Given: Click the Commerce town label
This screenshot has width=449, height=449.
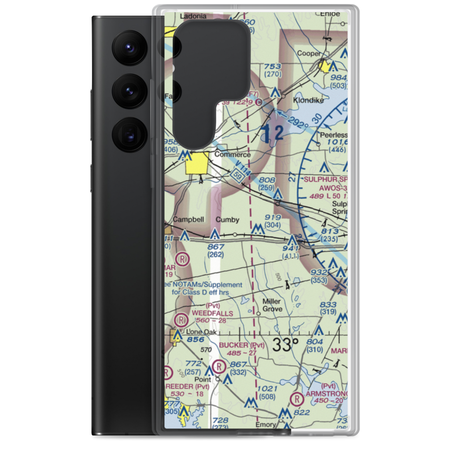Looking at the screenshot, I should click(232, 154).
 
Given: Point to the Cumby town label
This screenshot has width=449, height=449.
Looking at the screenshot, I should click(227, 220).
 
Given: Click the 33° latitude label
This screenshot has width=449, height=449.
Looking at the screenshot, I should click(285, 345).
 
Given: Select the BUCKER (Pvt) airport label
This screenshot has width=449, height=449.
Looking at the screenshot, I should click(241, 345).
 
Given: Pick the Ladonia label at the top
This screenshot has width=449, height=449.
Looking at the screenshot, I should click(193, 17).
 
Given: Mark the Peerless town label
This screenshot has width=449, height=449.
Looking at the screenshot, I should click(333, 135).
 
